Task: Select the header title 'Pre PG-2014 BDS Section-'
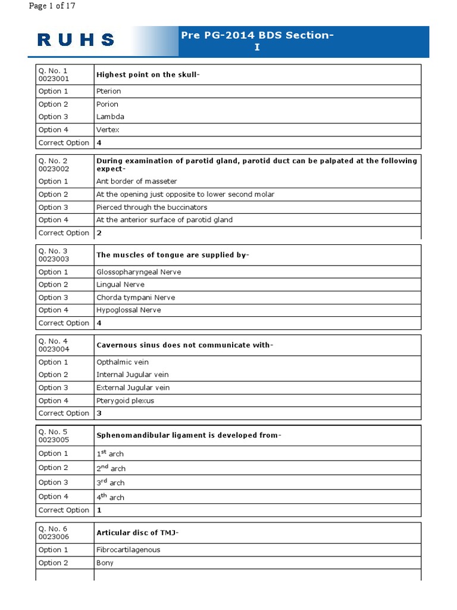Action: coord(257,35)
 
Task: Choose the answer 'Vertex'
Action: coord(108,129)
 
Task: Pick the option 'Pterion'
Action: coord(108,91)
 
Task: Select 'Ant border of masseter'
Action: coord(136,181)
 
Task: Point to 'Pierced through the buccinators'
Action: coord(152,207)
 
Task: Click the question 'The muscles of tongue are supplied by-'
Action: coord(173,255)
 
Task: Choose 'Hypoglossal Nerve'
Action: coord(129,310)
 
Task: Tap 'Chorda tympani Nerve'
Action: coord(136,297)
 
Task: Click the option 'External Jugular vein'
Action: coord(133,387)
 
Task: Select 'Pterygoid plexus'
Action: coord(125,400)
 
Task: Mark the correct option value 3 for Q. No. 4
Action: coord(99,413)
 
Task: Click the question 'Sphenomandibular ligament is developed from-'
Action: coord(188,435)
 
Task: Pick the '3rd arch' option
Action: coord(110,483)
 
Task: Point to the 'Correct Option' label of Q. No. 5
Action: coord(64,510)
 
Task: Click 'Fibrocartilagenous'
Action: coord(128,550)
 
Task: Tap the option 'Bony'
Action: coord(105,562)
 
